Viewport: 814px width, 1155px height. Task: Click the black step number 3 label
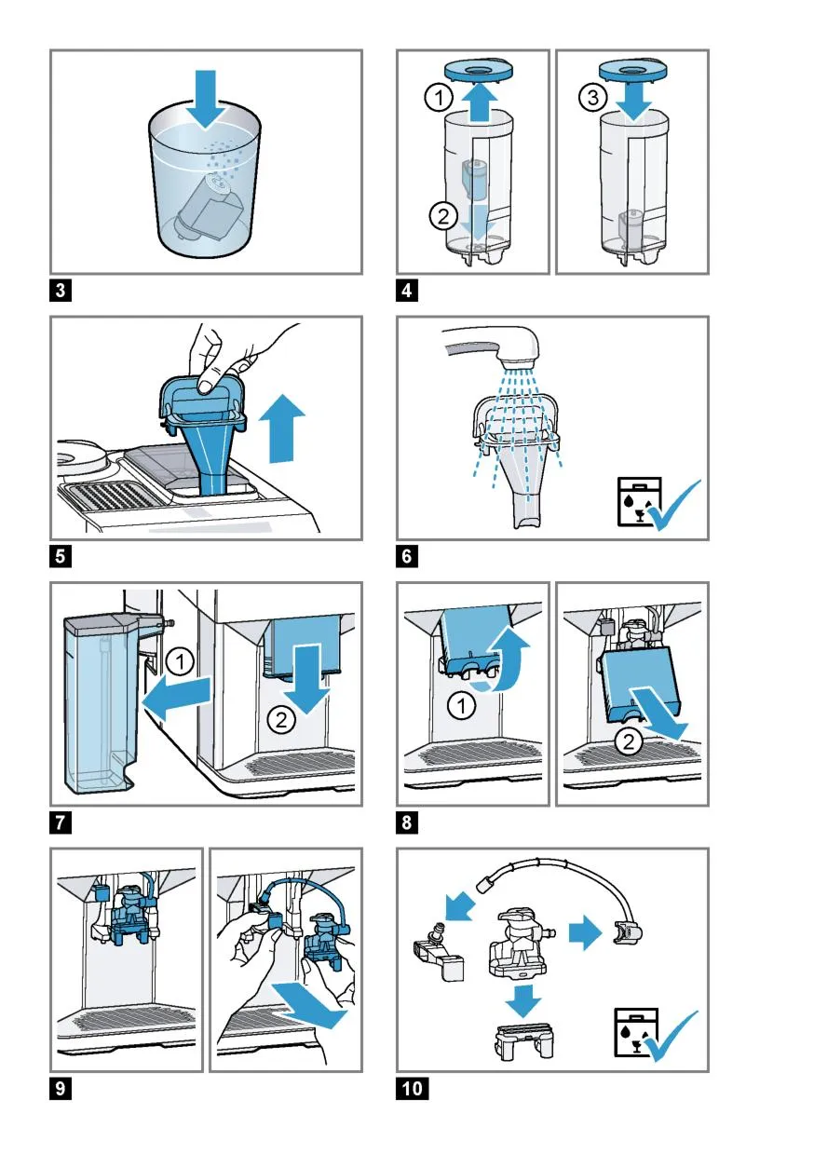[61, 291]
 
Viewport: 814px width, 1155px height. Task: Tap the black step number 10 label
[413, 1089]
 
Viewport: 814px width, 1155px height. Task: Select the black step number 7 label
[61, 822]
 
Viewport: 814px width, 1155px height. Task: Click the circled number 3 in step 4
[593, 97]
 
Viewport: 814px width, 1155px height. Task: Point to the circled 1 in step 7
[180, 661]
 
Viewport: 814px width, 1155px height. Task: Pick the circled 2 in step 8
[629, 742]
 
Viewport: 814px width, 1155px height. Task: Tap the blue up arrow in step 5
[281, 428]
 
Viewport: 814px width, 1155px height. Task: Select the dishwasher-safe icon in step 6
[639, 501]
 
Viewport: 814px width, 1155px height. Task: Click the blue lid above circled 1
[480, 70]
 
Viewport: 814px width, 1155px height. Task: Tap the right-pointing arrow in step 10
[585, 932]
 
